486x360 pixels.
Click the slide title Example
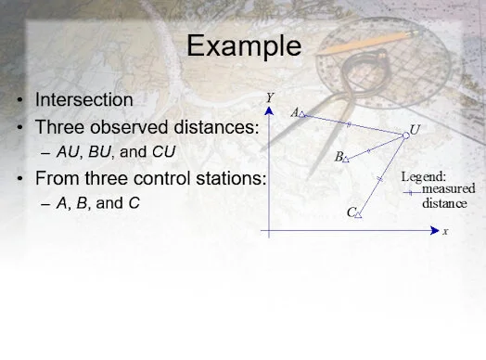pyautogui.click(x=244, y=45)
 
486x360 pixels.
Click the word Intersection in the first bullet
pyautogui.click(x=83, y=98)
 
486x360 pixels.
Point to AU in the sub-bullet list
pyautogui.click(x=69, y=150)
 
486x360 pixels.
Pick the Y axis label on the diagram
pyautogui.click(x=268, y=96)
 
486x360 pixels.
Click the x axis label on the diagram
pyautogui.click(x=444, y=231)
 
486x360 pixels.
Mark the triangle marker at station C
pyautogui.click(x=359, y=214)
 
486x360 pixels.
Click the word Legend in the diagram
pyautogui.click(x=423, y=176)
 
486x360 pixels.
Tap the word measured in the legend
pyautogui.click(x=448, y=188)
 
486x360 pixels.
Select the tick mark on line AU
pyautogui.click(x=349, y=124)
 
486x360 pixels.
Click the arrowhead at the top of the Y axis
pyautogui.click(x=268, y=110)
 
